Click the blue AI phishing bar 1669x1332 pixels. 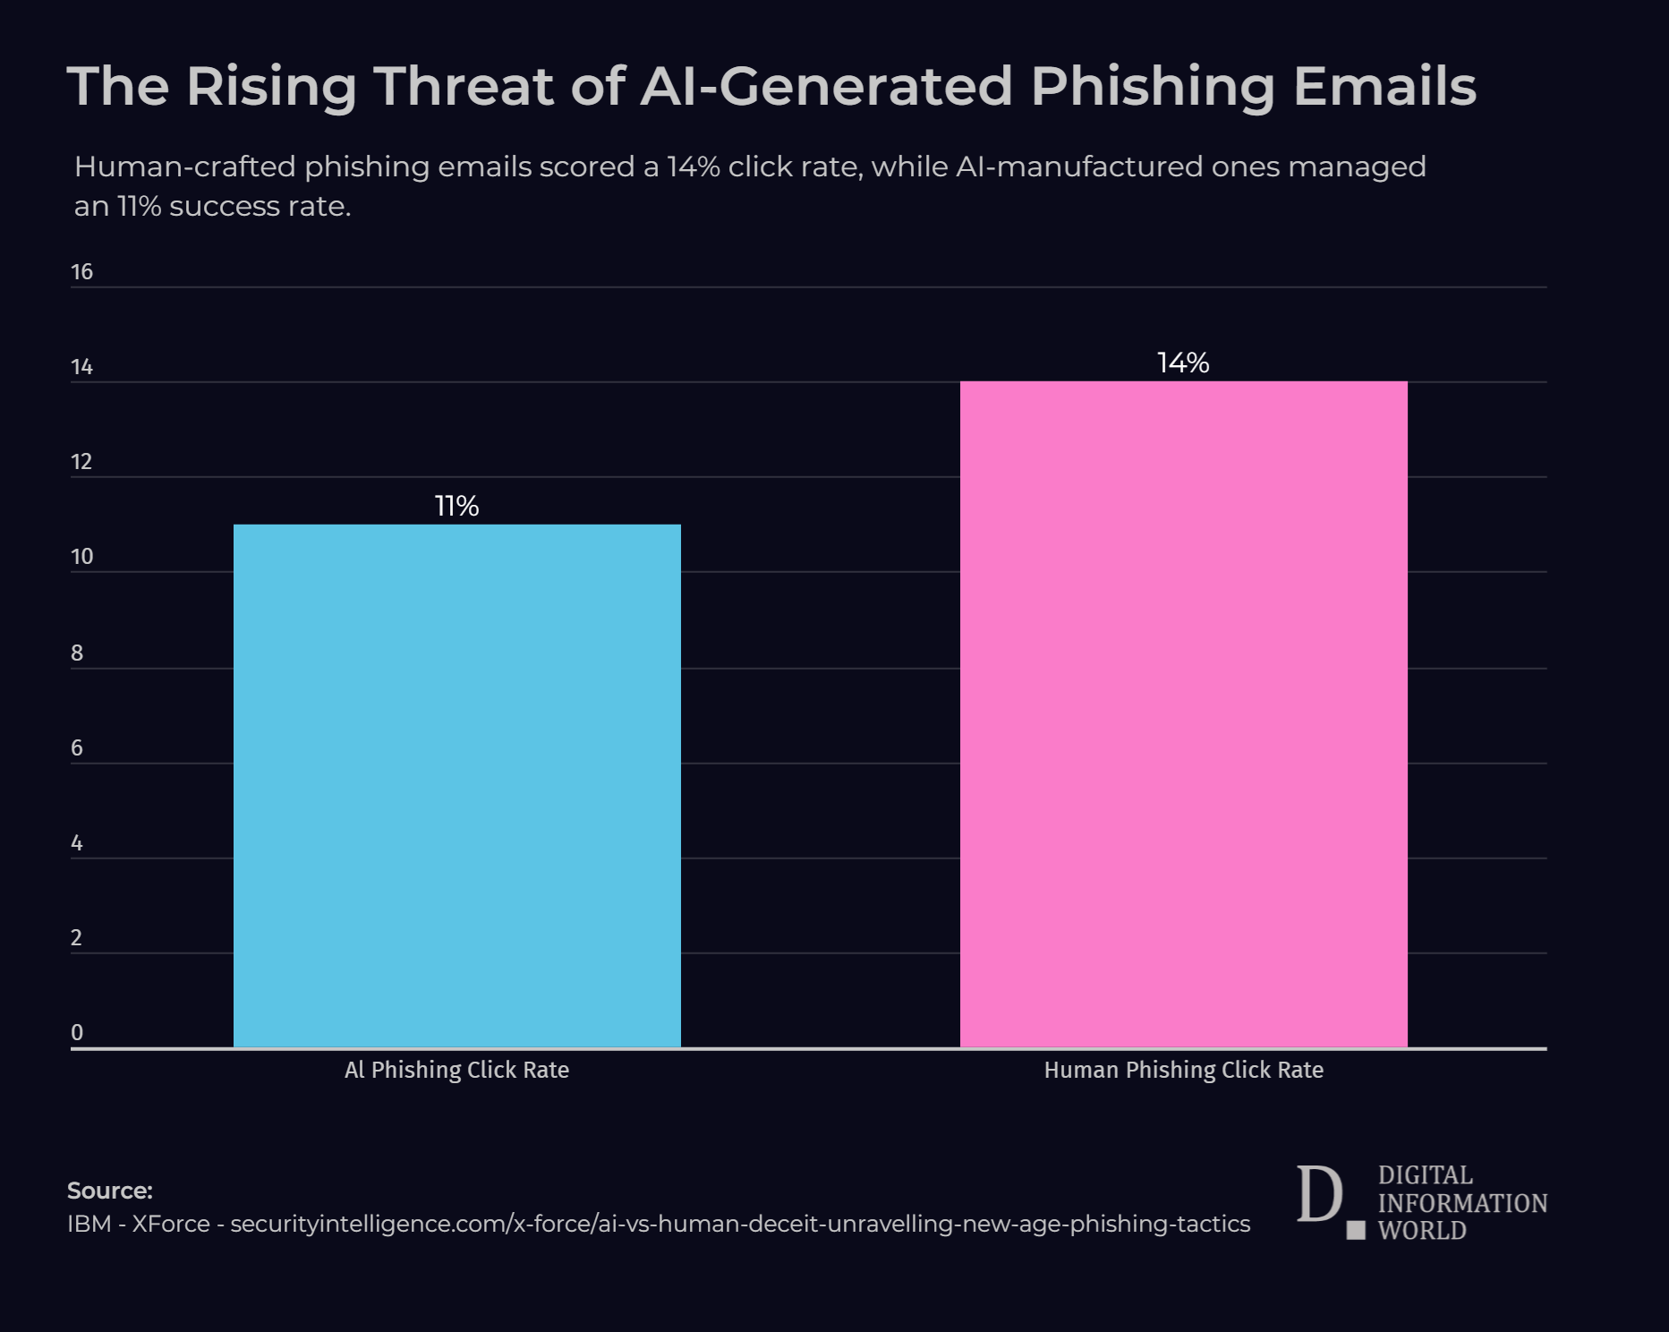[456, 785]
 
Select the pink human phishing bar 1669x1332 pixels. [1183, 713]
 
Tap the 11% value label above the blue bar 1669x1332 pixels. [456, 507]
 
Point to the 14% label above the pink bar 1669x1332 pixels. [1183, 363]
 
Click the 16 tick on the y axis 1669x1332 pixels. [81, 272]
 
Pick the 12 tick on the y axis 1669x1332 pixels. [81, 462]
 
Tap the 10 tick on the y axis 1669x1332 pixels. [81, 557]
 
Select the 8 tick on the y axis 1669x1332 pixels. [77, 653]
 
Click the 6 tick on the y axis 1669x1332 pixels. [77, 747]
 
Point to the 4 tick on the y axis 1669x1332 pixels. [77, 842]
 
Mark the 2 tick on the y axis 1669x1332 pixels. [77, 937]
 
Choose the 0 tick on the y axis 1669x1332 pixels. [77, 1032]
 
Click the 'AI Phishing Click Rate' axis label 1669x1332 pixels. [456, 1070]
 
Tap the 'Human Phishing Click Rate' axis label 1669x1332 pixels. [1183, 1070]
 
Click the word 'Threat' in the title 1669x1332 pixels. [463, 87]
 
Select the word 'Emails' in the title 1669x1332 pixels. [1384, 87]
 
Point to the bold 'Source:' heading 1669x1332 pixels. [110, 1191]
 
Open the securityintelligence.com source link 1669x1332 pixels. [739, 1224]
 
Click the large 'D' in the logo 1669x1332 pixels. [1319, 1195]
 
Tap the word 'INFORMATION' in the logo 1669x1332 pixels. [1462, 1203]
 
